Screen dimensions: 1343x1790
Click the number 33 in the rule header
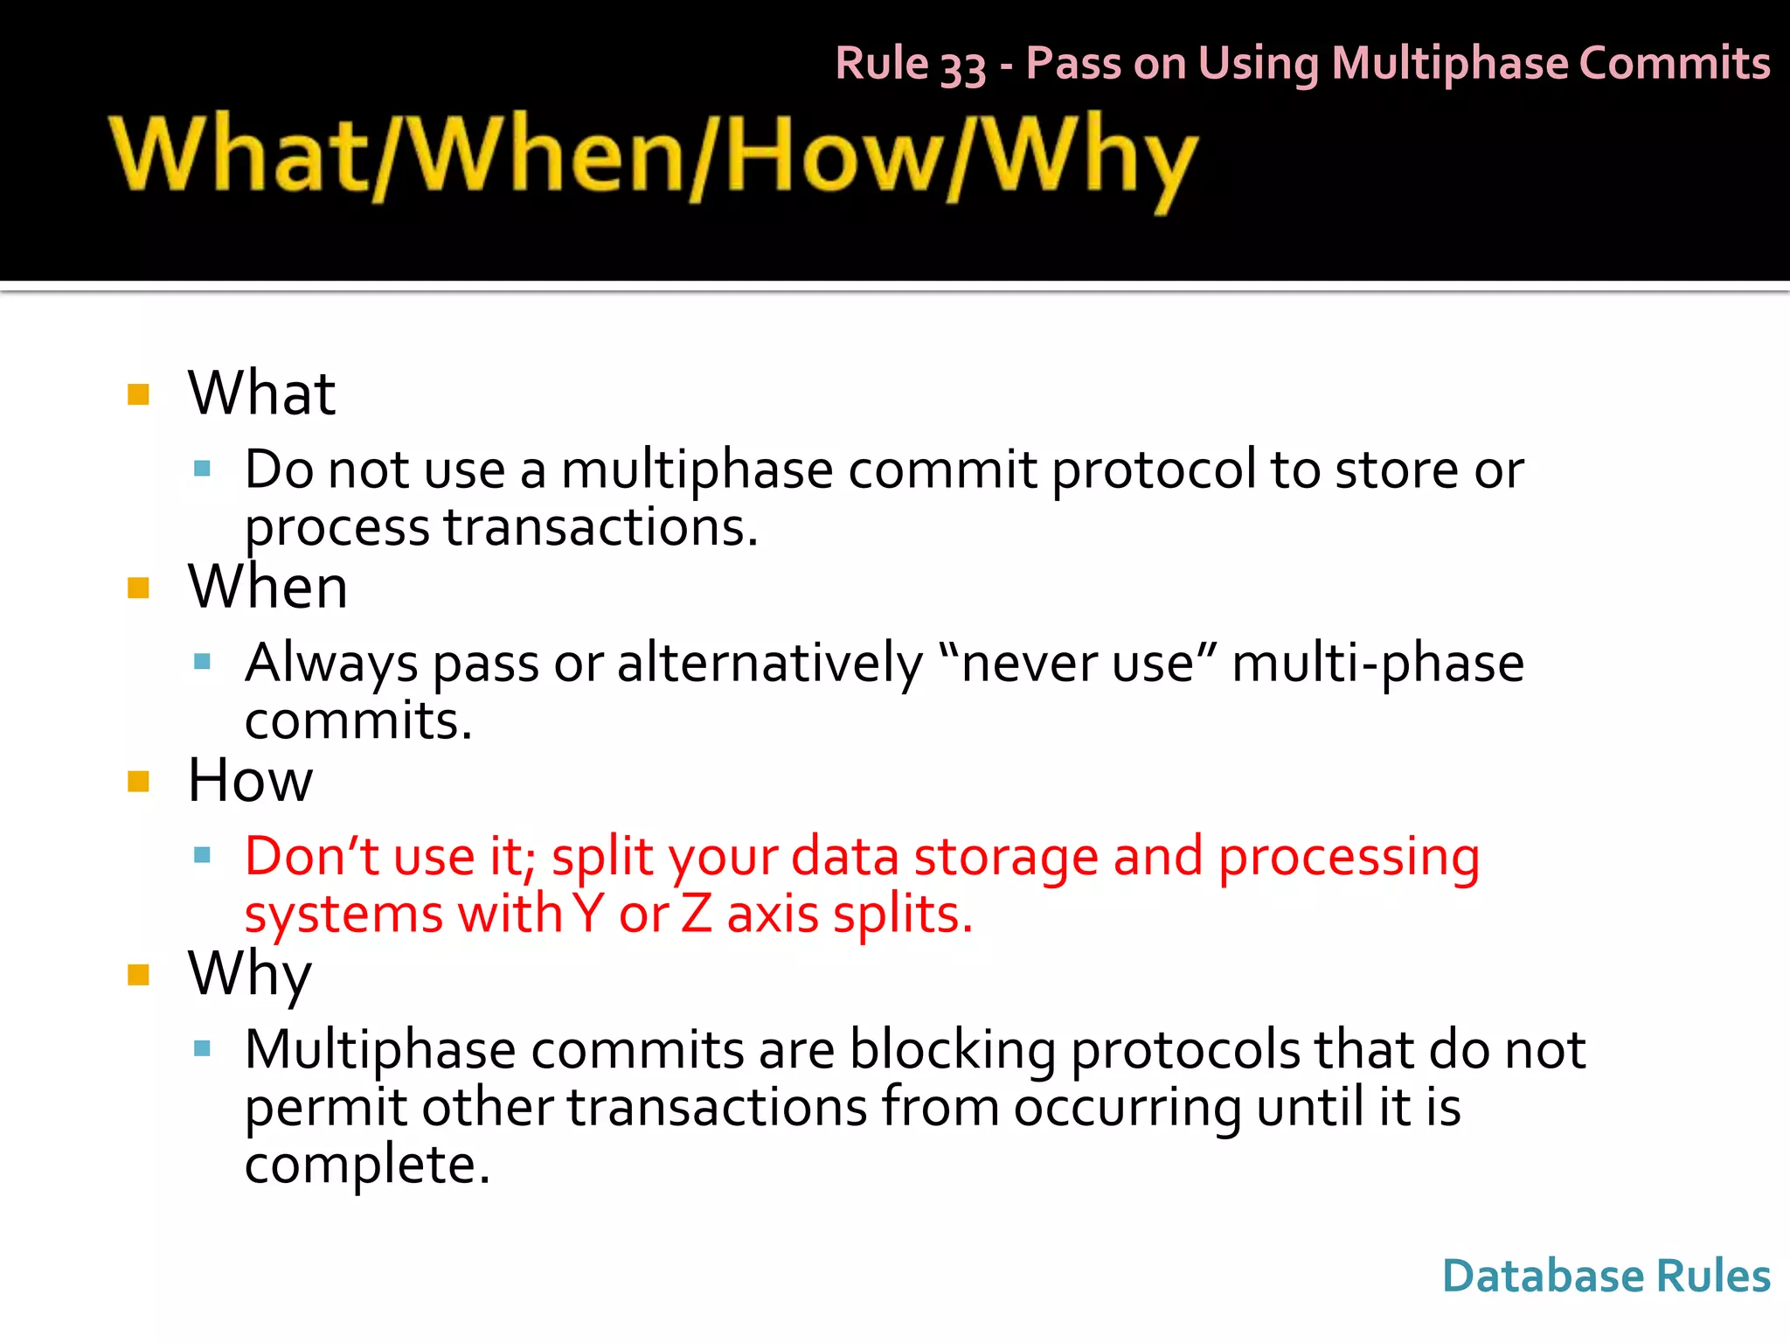[963, 66]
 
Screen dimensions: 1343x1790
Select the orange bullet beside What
[138, 394]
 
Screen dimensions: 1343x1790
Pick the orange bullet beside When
[138, 588]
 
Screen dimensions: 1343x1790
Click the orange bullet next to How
[138, 781]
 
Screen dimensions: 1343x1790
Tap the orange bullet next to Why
[138, 974]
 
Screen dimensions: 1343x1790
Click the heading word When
[267, 587]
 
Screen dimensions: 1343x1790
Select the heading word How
[250, 780]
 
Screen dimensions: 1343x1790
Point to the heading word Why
[250, 974]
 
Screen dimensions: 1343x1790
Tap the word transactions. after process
[601, 528]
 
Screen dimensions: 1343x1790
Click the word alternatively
[770, 664]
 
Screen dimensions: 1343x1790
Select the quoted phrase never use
[1077, 664]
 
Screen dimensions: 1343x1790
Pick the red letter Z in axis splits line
[696, 915]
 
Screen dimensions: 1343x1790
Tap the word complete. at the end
[367, 1166]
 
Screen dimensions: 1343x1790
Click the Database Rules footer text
[1606, 1276]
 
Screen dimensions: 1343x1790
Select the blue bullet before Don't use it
[203, 855]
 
